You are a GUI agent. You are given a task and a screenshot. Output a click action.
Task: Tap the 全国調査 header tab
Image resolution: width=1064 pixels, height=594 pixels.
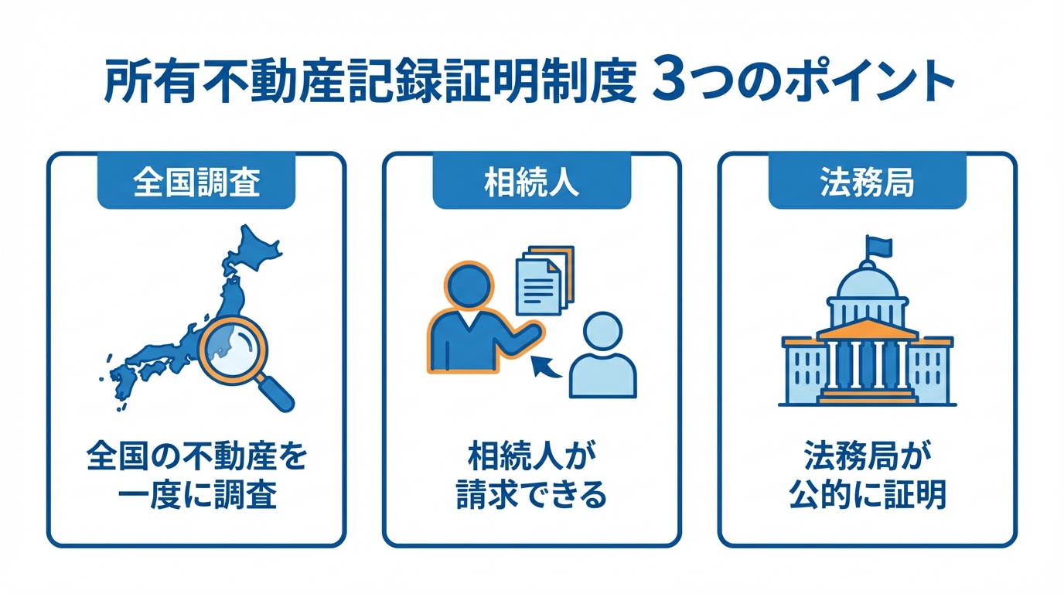(x=196, y=185)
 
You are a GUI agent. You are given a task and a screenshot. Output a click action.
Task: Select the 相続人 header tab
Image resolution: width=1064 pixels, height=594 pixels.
(x=531, y=185)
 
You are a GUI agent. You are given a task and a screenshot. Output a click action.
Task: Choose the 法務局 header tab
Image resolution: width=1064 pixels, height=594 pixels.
(x=867, y=185)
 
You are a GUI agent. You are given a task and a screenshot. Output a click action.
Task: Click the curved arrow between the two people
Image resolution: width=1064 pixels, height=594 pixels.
(x=548, y=367)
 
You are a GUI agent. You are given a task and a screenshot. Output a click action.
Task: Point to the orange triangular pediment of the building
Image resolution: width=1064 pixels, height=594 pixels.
(x=867, y=329)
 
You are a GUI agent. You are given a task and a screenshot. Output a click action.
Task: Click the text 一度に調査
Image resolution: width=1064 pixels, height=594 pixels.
(x=196, y=495)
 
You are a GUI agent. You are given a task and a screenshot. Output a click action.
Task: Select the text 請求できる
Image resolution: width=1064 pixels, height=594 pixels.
(x=531, y=495)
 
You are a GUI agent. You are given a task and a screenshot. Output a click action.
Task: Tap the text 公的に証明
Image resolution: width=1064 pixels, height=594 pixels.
(x=867, y=495)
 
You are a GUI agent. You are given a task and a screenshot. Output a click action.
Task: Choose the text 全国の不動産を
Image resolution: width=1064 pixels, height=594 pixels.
(x=196, y=458)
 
